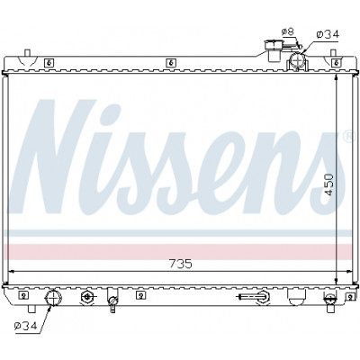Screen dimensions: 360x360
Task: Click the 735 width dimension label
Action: (181, 264)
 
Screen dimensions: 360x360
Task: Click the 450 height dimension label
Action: (329, 184)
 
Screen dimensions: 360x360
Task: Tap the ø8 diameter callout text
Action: (288, 31)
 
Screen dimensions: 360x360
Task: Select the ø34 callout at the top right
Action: (328, 34)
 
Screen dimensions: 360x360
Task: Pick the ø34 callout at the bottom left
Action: (25, 325)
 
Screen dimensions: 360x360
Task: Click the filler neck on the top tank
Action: (274, 50)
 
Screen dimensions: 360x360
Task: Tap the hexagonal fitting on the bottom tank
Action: (86, 297)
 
